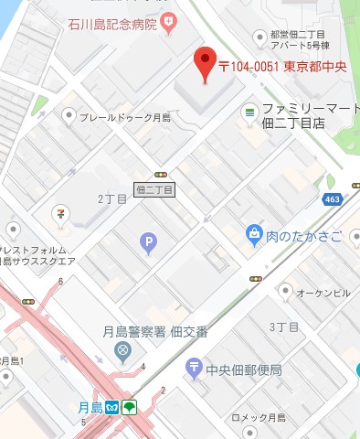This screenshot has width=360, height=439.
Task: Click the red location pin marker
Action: [206, 62]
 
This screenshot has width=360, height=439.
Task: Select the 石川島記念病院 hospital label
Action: [111, 22]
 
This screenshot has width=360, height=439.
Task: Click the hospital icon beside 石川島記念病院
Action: [167, 20]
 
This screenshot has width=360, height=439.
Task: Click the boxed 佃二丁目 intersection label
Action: [154, 189]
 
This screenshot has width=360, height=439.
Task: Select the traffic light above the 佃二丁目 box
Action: [161, 172]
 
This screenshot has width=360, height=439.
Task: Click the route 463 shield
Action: [332, 198]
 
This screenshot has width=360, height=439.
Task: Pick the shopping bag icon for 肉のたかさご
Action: [253, 236]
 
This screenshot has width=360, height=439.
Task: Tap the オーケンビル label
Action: [326, 292]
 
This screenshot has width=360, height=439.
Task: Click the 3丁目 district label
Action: [284, 327]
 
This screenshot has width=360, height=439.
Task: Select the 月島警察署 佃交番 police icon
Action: [122, 350]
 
